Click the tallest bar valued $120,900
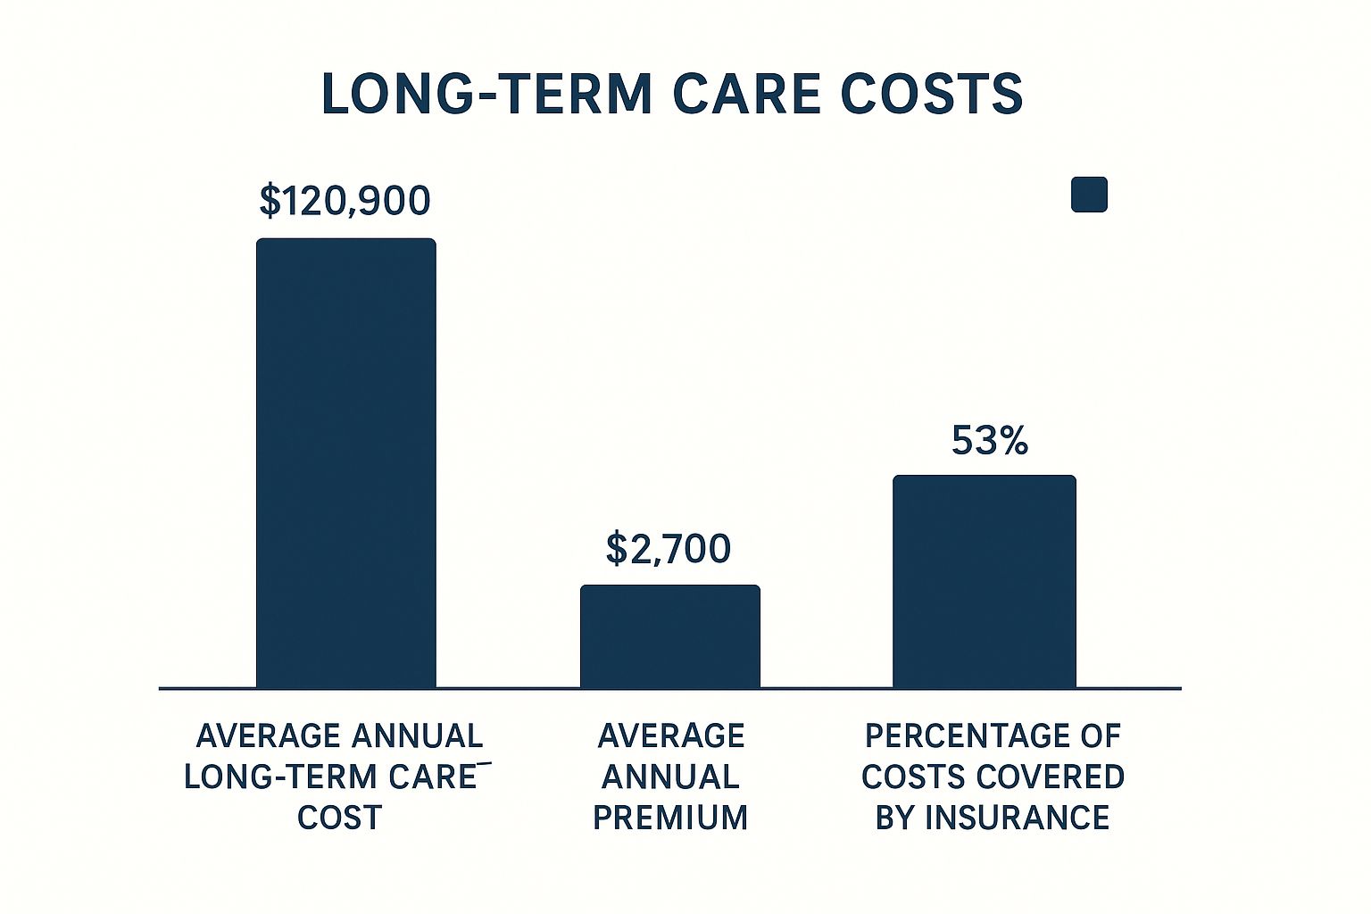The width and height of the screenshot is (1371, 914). tap(345, 463)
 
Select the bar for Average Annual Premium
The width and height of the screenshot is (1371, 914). tap(670, 636)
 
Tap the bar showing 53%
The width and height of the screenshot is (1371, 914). tap(985, 582)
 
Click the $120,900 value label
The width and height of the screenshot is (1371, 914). tap(345, 201)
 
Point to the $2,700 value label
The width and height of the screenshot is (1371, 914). tap(669, 549)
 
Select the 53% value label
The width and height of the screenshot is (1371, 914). tap(990, 440)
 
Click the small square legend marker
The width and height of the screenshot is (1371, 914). tap(1090, 195)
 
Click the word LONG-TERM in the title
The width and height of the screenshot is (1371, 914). tap(487, 95)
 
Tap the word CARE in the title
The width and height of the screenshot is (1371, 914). tap(747, 95)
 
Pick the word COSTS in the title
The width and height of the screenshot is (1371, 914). tap(932, 95)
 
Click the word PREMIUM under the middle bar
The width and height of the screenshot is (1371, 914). tap(671, 818)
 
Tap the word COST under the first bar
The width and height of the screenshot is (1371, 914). tap(340, 818)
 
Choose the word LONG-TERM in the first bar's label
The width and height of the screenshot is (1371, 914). tap(281, 777)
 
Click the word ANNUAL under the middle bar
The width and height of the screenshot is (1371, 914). tap(671, 777)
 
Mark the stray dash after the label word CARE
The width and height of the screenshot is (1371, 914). tap(484, 763)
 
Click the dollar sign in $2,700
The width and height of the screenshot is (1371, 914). tap(616, 549)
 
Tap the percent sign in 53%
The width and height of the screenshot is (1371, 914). tap(1012, 441)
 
